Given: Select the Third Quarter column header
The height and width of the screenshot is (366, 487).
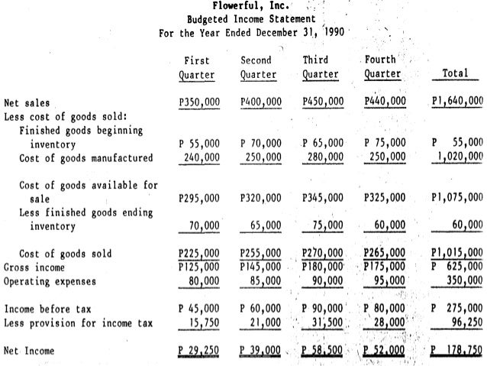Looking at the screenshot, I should [x=321, y=66].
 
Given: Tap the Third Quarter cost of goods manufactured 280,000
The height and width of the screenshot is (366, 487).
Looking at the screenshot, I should [x=323, y=158].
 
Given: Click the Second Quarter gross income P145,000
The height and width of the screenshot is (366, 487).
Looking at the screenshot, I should [x=261, y=267].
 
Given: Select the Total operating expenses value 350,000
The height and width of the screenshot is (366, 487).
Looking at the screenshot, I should [x=463, y=280].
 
